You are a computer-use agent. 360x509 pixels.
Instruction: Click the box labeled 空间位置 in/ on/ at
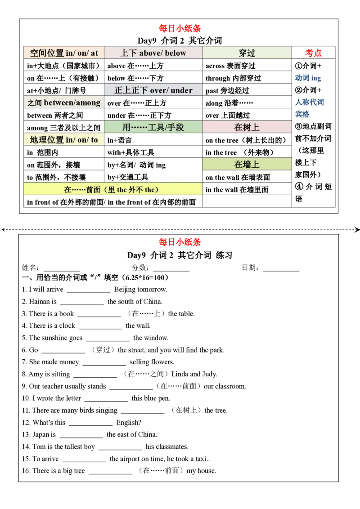[63, 53]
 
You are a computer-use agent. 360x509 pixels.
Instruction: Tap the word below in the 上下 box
[175, 53]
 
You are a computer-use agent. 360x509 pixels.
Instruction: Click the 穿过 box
[247, 53]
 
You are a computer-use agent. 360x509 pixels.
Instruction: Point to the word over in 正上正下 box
[158, 90]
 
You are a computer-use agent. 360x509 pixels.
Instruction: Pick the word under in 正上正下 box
[182, 90]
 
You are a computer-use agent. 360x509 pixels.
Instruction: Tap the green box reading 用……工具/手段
[153, 127]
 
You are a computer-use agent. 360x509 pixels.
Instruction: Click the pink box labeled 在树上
[247, 127]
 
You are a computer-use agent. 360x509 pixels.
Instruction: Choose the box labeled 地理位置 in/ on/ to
[63, 140]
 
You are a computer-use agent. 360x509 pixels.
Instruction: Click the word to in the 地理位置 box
[94, 140]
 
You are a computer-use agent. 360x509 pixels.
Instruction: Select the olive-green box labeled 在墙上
[247, 165]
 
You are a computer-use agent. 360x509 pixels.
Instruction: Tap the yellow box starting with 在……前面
[112, 190]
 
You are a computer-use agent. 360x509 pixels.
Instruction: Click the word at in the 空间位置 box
[94, 53]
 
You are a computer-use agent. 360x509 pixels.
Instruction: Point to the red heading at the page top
[180, 29]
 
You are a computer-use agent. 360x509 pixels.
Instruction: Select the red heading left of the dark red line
[180, 243]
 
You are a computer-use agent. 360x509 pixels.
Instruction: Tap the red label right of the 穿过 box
[313, 53]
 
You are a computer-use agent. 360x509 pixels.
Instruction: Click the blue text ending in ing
[309, 78]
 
